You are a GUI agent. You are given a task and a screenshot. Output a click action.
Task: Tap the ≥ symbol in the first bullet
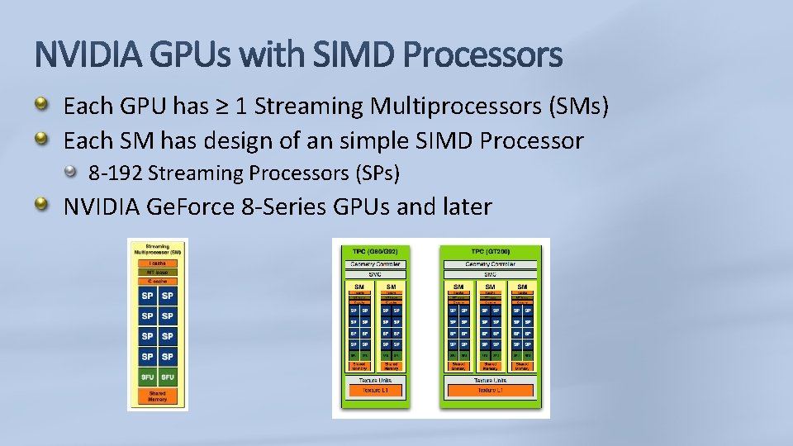pyautogui.click(x=222, y=107)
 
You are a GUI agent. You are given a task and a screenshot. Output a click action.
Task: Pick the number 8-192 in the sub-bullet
pyautogui.click(x=116, y=173)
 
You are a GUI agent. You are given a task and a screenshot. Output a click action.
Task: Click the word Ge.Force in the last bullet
pyautogui.click(x=191, y=206)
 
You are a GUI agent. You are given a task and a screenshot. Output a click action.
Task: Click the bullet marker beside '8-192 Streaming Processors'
pyautogui.click(x=76, y=172)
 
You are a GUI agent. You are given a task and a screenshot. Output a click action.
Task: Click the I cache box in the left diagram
pyautogui.click(x=157, y=263)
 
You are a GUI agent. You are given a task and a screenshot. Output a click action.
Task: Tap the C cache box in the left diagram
pyautogui.click(x=157, y=281)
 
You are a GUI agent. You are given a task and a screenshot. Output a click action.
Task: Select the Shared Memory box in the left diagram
pyautogui.click(x=157, y=396)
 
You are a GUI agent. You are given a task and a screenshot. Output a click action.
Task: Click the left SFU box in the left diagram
pyautogui.click(x=147, y=377)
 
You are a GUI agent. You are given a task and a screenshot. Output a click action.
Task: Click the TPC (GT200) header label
pyautogui.click(x=491, y=250)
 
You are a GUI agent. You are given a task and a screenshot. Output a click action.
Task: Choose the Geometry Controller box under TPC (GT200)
pyautogui.click(x=491, y=264)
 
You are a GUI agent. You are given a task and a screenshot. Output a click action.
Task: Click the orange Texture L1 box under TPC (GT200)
pyautogui.click(x=491, y=390)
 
